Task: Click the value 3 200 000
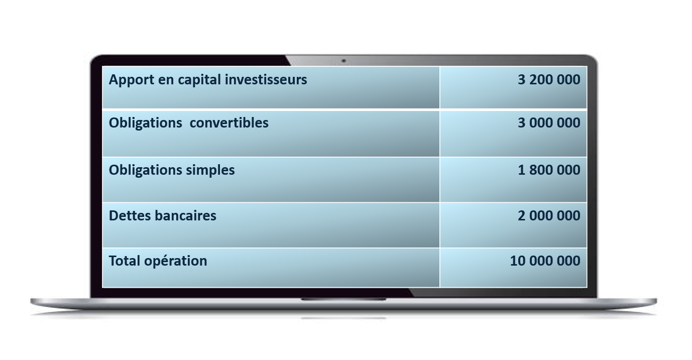pyautogui.click(x=549, y=80)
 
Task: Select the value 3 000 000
pyautogui.click(x=549, y=123)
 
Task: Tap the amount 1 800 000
pyautogui.click(x=549, y=170)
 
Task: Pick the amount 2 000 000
pyautogui.click(x=549, y=215)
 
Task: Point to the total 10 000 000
pyautogui.click(x=545, y=261)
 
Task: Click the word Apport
pyautogui.click(x=132, y=80)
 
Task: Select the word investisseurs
pyautogui.click(x=266, y=80)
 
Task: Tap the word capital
pyautogui.click(x=199, y=80)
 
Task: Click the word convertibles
pyautogui.click(x=229, y=123)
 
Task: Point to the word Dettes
pyautogui.click(x=130, y=216)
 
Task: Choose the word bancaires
pyautogui.click(x=185, y=216)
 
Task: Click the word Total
pyautogui.click(x=125, y=261)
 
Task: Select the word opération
pyautogui.click(x=176, y=262)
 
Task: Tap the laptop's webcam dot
pyautogui.click(x=343, y=61)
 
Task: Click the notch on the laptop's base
pyautogui.click(x=343, y=299)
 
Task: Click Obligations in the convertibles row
pyautogui.click(x=146, y=124)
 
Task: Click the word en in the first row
pyautogui.click(x=166, y=81)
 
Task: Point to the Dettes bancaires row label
pyautogui.click(x=163, y=216)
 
